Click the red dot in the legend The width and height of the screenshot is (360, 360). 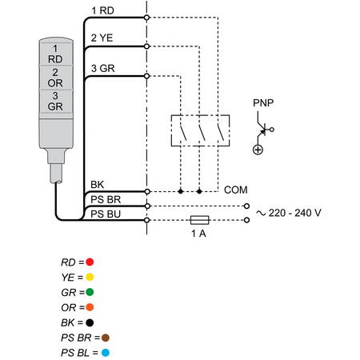(x=90, y=262)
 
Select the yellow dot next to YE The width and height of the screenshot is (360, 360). (x=90, y=277)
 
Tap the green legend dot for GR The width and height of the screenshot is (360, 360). (x=90, y=292)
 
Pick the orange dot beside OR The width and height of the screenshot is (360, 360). (x=90, y=307)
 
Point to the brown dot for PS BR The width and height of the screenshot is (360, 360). (x=106, y=338)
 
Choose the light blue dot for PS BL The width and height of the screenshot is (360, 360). (x=106, y=353)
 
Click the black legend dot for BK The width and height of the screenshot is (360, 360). (x=90, y=322)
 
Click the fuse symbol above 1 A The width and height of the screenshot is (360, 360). (x=200, y=220)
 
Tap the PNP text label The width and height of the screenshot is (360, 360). (x=263, y=103)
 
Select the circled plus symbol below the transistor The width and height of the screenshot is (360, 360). (x=258, y=150)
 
